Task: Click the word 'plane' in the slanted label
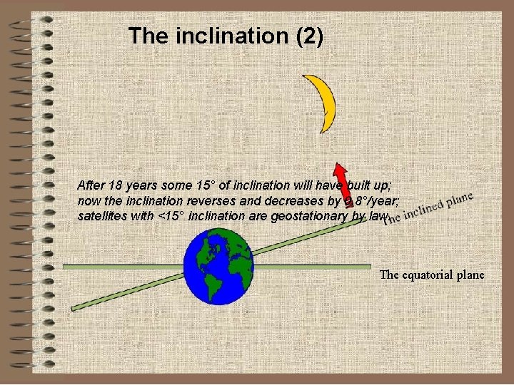458,198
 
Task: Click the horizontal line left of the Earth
121,266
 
